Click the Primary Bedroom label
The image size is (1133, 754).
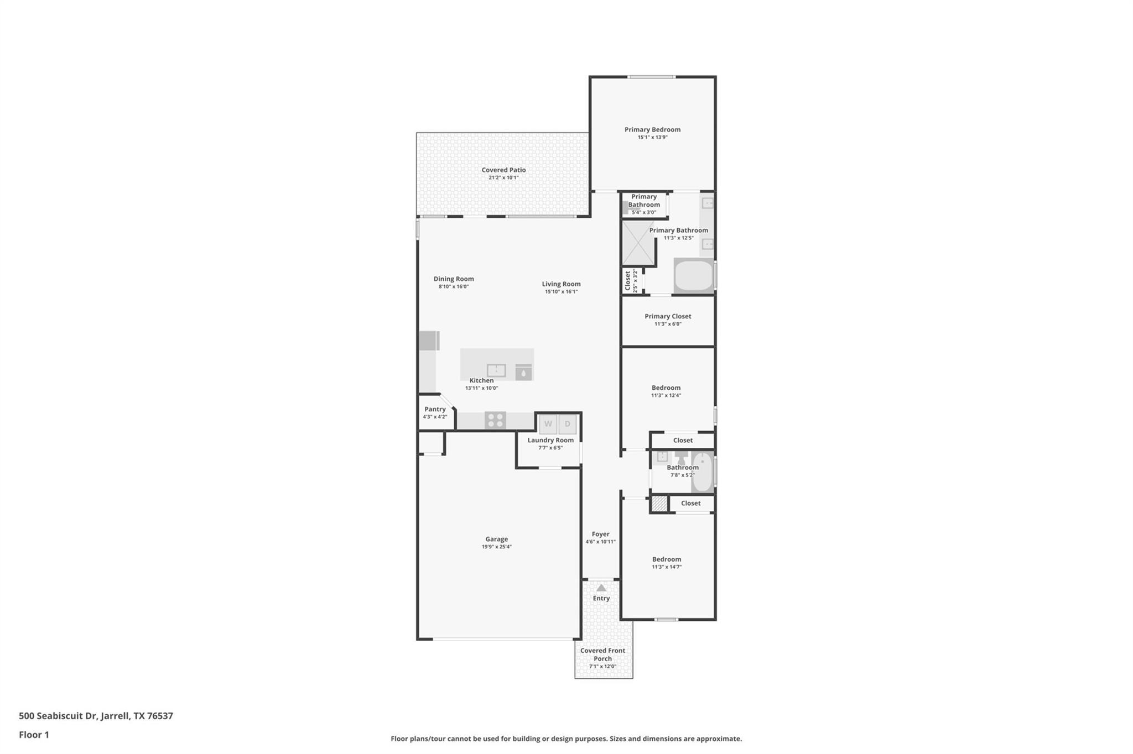pos(652,129)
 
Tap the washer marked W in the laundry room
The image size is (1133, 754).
pos(548,424)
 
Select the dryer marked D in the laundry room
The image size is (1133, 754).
pos(567,424)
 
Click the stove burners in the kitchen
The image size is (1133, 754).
pos(495,421)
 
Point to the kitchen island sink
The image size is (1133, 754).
pos(496,370)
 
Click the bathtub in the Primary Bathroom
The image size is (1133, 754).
pos(694,275)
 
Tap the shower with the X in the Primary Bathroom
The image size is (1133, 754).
pos(638,243)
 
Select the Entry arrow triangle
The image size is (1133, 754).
pos(601,588)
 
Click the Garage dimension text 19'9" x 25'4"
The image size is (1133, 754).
pos(496,547)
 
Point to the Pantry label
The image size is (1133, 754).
pos(435,409)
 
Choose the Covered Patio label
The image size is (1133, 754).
pos(503,170)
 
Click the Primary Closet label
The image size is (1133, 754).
pos(668,316)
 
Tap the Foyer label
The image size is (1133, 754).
pos(600,534)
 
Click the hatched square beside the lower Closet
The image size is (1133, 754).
pos(658,504)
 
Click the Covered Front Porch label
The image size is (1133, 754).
pos(602,654)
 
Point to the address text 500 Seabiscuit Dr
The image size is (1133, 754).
pos(59,716)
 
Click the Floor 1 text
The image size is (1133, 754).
pos(34,735)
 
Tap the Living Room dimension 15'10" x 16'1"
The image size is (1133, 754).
pos(561,292)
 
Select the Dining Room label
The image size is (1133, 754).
pos(453,279)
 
